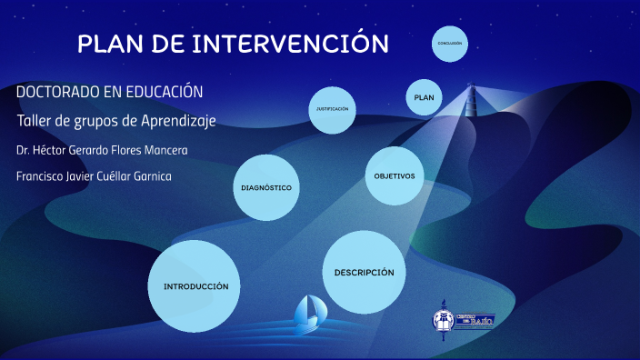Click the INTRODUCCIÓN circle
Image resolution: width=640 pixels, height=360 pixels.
click(x=195, y=285)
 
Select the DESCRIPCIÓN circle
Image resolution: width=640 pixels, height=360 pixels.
click(x=364, y=272)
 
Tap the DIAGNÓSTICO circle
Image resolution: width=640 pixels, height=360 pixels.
click(x=266, y=187)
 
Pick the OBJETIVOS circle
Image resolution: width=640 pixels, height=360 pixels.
click(x=395, y=175)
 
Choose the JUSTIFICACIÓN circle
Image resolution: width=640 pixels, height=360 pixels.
click(x=332, y=109)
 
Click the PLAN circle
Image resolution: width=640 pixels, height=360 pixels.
click(x=425, y=96)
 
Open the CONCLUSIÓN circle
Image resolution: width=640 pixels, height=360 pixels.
click(x=449, y=44)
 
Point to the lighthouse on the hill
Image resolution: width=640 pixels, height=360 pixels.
click(x=471, y=98)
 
